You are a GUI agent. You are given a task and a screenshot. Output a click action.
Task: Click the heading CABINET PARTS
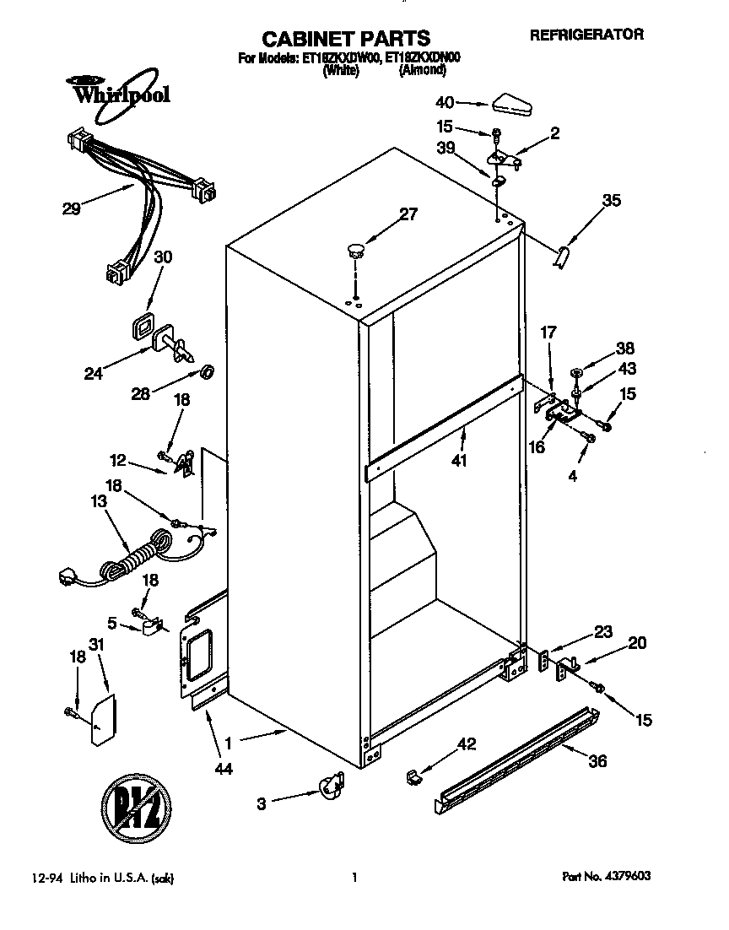pos(345,38)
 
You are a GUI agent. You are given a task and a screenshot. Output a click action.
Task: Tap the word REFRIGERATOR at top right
pos(586,35)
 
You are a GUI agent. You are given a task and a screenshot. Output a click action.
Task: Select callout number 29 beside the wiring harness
pos(72,209)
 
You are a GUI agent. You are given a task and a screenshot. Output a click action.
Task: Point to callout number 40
pos(445,102)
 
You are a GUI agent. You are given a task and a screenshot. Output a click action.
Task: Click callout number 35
pos(611,200)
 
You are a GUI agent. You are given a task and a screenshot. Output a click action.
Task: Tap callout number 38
pos(625,348)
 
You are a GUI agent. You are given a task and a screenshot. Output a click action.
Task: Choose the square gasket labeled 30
pos(144,327)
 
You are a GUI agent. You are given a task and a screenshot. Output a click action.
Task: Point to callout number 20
pos(637,643)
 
